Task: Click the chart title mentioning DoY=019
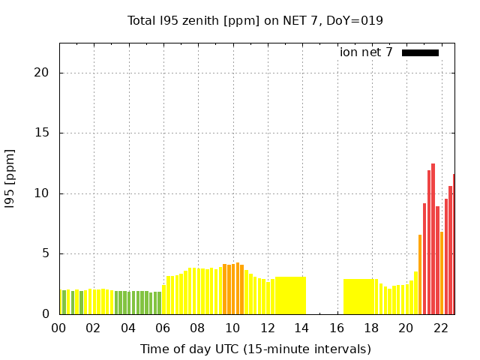[255, 20]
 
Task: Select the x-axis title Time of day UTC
[255, 349]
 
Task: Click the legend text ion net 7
[366, 52]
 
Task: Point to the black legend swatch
[420, 52]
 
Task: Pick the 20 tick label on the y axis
[43, 73]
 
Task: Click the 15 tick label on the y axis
[43, 133]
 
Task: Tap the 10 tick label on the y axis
[43, 193]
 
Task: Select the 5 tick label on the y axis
[46, 253]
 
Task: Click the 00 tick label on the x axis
[59, 328]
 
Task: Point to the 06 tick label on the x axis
[163, 328]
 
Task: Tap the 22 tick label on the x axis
[441, 328]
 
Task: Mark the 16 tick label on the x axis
[337, 328]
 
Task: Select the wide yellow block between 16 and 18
[360, 296]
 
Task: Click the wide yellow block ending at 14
[290, 295]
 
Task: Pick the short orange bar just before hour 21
[420, 274]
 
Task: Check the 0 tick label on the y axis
[46, 314]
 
